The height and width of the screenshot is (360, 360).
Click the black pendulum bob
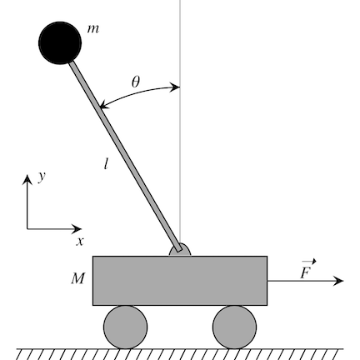(60, 43)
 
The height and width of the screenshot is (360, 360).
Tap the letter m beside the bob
(92, 29)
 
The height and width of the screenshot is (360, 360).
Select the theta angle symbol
(136, 82)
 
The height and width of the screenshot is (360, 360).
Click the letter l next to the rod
(106, 163)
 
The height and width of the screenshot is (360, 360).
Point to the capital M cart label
(77, 278)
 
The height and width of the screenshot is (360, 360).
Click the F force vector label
(307, 269)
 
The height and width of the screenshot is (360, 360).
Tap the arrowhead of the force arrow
(339, 281)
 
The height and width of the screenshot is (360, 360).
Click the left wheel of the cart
(126, 327)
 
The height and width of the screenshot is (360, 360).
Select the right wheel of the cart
(235, 327)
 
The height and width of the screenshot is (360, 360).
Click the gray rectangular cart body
(180, 281)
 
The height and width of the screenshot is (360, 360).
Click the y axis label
(42, 177)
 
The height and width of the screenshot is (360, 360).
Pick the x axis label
(80, 242)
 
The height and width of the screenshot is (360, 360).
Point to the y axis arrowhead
(27, 179)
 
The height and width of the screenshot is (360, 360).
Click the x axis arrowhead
(77, 228)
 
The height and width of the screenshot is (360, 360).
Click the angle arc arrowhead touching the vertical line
(175, 87)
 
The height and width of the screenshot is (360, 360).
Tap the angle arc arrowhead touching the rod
(103, 105)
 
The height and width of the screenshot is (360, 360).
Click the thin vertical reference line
(180, 122)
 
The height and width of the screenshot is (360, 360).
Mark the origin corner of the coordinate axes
(27, 228)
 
